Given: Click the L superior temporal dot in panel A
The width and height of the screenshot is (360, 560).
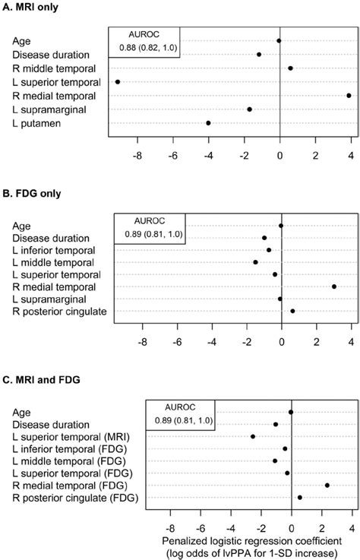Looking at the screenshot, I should [x=118, y=81].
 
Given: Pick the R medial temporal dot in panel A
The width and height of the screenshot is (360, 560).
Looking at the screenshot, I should [x=349, y=95].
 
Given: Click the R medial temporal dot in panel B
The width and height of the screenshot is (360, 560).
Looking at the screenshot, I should [x=334, y=286].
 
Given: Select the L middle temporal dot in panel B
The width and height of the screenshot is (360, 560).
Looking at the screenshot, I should [x=255, y=262].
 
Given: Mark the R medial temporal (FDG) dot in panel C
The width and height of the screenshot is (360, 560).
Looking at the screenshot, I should [x=327, y=485].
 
